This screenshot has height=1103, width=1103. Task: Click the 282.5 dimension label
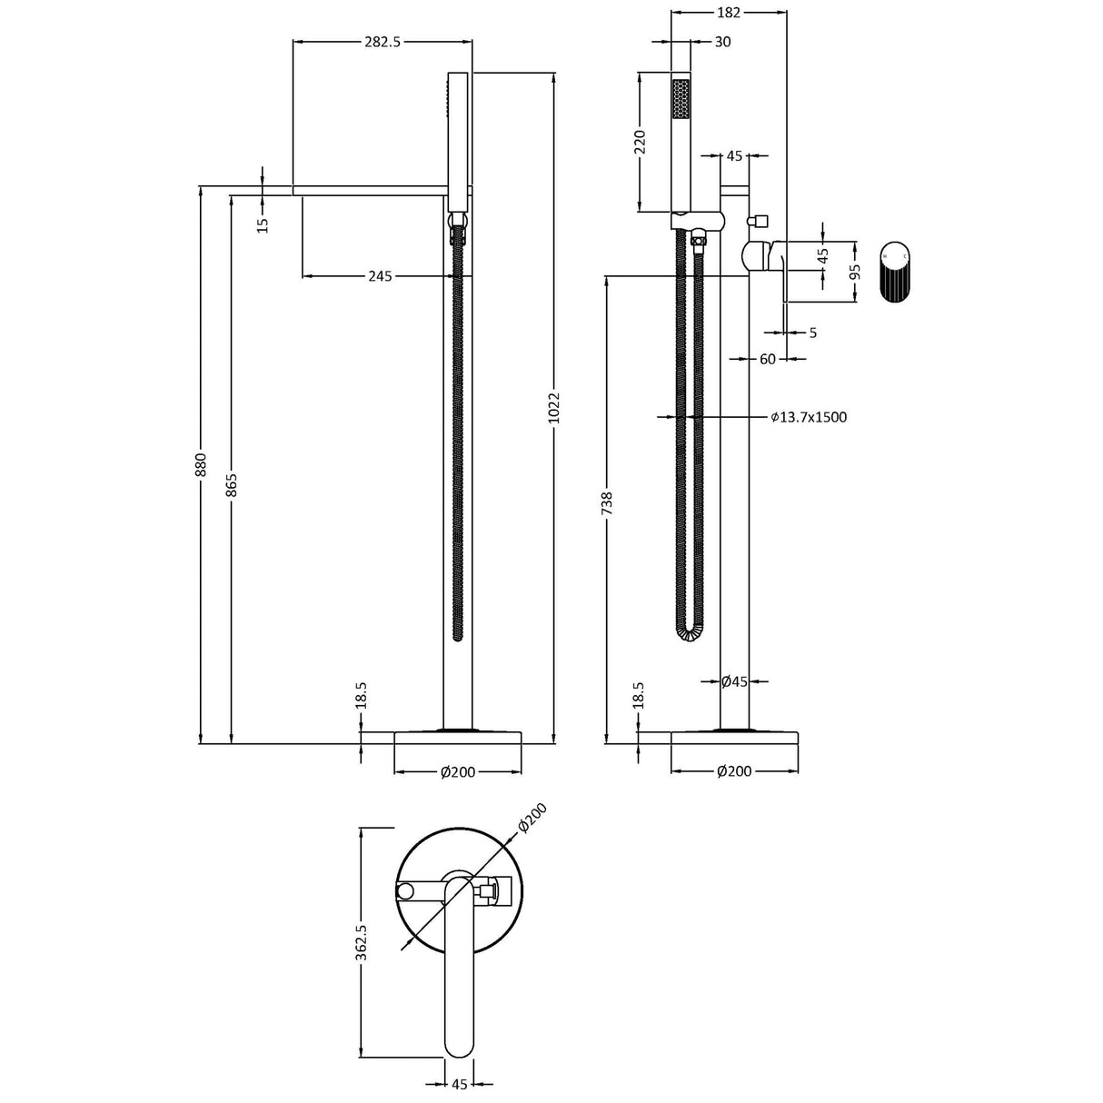point(382,42)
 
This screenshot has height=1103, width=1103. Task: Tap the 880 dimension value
point(201,464)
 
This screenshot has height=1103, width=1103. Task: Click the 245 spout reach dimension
point(380,276)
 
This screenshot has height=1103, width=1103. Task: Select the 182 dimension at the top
point(729,13)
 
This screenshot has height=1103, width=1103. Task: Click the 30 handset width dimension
point(722,42)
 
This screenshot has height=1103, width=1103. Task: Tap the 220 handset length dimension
point(640,143)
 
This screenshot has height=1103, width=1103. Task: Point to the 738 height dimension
point(607,503)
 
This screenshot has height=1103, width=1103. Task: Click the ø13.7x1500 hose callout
point(809,417)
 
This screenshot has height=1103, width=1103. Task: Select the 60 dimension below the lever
point(768,359)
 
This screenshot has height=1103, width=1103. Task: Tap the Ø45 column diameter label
point(734,681)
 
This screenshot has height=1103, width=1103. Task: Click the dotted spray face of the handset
point(680,98)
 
